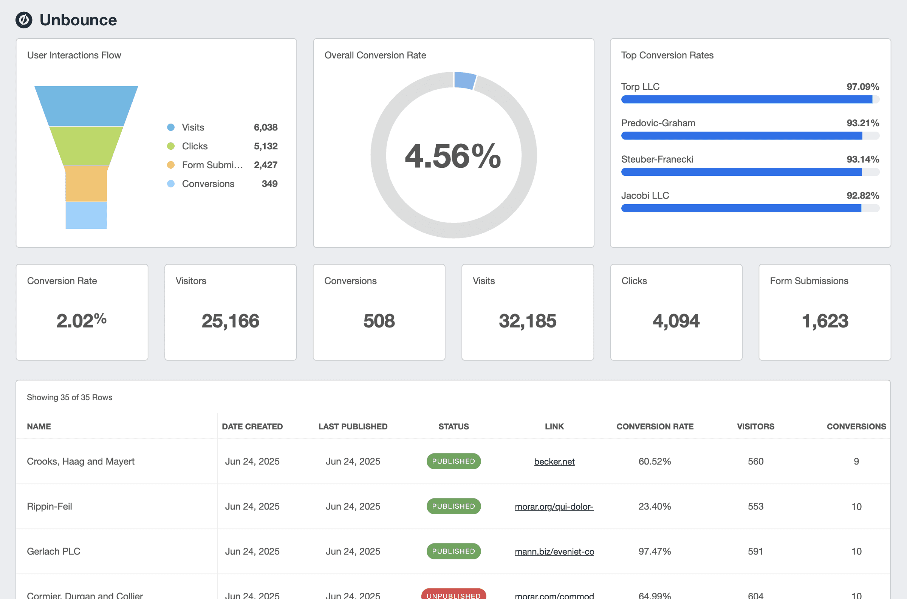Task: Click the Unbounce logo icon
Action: [x=24, y=20]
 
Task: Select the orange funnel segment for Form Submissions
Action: [x=86, y=184]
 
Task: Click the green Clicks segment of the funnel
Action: [x=86, y=146]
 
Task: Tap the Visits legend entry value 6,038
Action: [x=265, y=127]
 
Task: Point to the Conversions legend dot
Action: [x=171, y=184]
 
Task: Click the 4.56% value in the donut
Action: [x=453, y=156]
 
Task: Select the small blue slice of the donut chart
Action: [x=464, y=80]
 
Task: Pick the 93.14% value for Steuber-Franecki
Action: [x=862, y=159]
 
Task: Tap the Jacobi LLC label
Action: [x=645, y=196]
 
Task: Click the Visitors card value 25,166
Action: [x=230, y=321]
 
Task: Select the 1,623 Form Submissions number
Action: [x=825, y=321]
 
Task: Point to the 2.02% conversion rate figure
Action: [x=81, y=321]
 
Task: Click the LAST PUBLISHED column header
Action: [x=353, y=426]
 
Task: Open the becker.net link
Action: [x=554, y=461]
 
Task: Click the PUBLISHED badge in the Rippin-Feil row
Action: [x=453, y=506]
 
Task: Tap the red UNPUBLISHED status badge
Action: [x=453, y=594]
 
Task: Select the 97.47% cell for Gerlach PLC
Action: [x=654, y=551]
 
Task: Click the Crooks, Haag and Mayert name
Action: [x=80, y=461]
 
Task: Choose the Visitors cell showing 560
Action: [x=755, y=461]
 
